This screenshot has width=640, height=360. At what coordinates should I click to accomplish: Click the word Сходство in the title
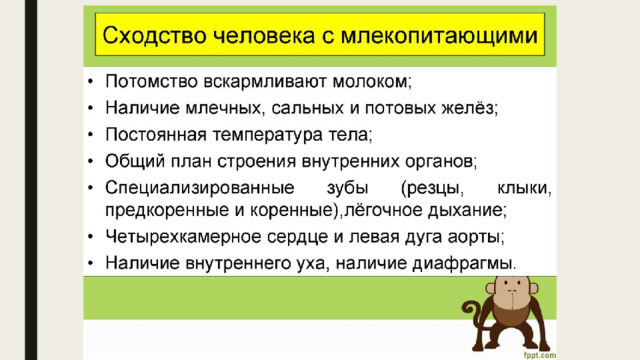[x=154, y=35]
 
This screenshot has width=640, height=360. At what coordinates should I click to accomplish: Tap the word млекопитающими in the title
[x=439, y=36]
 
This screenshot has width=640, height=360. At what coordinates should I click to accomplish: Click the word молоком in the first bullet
[x=370, y=81]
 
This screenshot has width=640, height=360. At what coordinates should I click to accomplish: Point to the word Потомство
[x=151, y=81]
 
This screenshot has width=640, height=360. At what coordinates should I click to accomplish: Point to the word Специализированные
[x=200, y=188]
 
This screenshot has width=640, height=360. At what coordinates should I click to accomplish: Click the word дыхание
[x=465, y=211]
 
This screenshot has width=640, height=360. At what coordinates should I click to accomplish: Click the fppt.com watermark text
[x=540, y=356]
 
